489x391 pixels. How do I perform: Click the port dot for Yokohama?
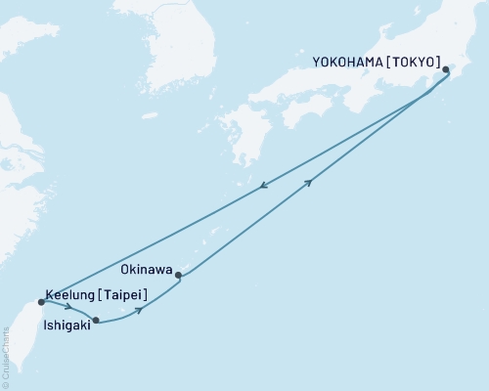coord(446,69)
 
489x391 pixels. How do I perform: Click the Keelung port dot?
coord(40,302)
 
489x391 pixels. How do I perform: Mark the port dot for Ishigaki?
coord(96,320)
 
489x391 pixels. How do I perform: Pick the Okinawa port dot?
coord(178,276)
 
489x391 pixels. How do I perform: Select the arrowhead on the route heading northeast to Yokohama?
coord(310,183)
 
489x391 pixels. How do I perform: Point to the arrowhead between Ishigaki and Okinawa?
coord(141,310)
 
